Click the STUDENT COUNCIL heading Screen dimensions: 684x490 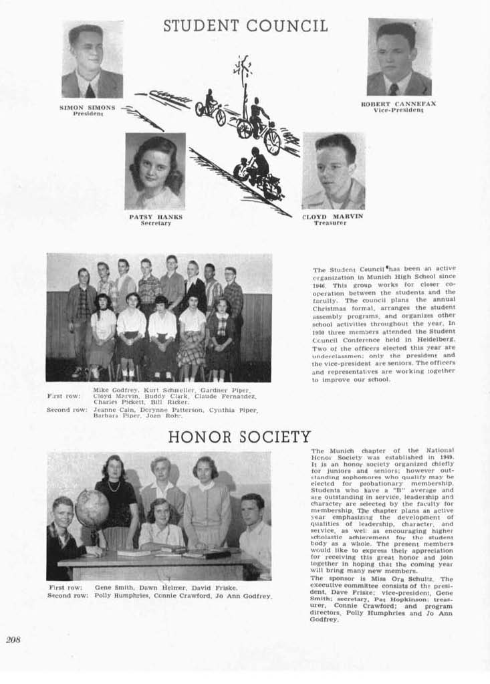[245, 27]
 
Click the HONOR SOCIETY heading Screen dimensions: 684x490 [239, 437]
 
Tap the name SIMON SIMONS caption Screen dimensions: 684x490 [88, 107]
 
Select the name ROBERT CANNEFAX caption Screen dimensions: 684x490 [398, 104]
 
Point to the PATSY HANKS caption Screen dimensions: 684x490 [156, 217]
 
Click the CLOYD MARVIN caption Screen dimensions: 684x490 [333, 216]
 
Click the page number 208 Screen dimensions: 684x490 [13, 639]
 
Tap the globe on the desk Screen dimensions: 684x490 [92, 508]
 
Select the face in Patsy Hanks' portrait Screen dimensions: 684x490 [154, 168]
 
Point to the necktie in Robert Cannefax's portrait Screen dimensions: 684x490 [394, 88]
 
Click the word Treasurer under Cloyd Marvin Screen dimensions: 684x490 [330, 223]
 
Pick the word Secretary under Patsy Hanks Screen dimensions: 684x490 [156, 223]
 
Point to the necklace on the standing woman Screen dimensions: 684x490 [114, 486]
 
